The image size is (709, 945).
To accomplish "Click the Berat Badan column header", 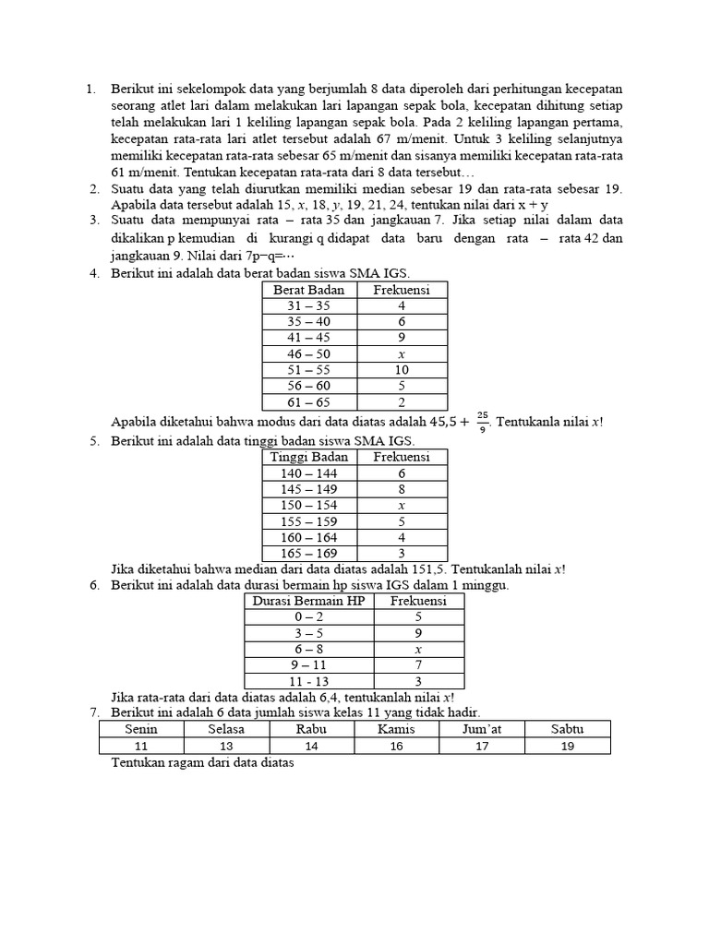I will [x=308, y=290].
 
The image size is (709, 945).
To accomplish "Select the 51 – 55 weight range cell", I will [x=308, y=370].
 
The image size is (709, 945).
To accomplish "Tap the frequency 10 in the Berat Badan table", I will [x=402, y=370].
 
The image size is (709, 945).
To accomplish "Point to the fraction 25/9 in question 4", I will [x=483, y=421].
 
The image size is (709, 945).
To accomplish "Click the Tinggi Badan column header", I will [x=308, y=457].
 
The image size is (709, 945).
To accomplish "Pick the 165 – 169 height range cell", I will [x=308, y=553].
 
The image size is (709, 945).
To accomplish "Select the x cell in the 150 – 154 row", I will [x=402, y=505].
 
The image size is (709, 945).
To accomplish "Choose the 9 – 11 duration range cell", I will [x=309, y=664].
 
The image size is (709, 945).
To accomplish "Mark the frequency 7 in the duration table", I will [x=418, y=664].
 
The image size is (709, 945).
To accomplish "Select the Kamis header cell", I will [x=396, y=729].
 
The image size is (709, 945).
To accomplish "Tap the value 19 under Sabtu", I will [x=567, y=746].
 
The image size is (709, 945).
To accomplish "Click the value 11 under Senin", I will [x=141, y=746].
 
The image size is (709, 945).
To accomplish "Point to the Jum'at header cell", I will [x=482, y=729].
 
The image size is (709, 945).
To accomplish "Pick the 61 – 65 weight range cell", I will [x=308, y=401].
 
